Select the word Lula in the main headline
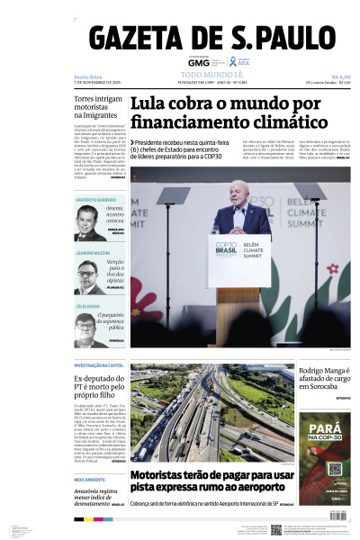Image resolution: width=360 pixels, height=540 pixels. coord(151,103)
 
